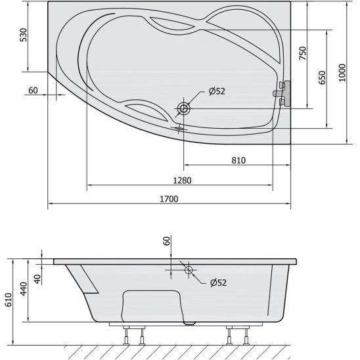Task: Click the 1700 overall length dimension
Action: pyautogui.click(x=169, y=199)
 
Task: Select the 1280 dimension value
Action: pyautogui.click(x=182, y=181)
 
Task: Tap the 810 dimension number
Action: pyautogui.click(x=238, y=160)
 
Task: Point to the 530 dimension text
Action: pyautogui.click(x=24, y=35)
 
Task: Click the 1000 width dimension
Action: pyautogui.click(x=342, y=72)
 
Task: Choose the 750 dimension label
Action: pyautogui.click(x=303, y=53)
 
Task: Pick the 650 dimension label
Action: pyautogui.click(x=322, y=78)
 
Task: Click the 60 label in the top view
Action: pyautogui.click(x=33, y=90)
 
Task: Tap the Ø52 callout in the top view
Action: pyautogui.click(x=217, y=91)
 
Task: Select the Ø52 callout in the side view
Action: pyautogui.click(x=218, y=282)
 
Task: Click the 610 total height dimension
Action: pyautogui.click(x=9, y=300)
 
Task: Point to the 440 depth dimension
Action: pyautogui.click(x=24, y=289)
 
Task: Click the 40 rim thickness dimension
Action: pyautogui.click(x=37, y=279)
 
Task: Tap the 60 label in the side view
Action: pyautogui.click(x=167, y=241)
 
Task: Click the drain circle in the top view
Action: pyautogui.click(x=184, y=108)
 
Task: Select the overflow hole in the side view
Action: pyautogui.click(x=189, y=270)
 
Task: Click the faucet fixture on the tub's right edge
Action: pyautogui.click(x=282, y=93)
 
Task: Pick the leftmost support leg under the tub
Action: pyautogui.click(x=126, y=335)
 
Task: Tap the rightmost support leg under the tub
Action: pyautogui.click(x=246, y=335)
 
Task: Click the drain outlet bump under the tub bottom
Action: pyautogui.click(x=190, y=323)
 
